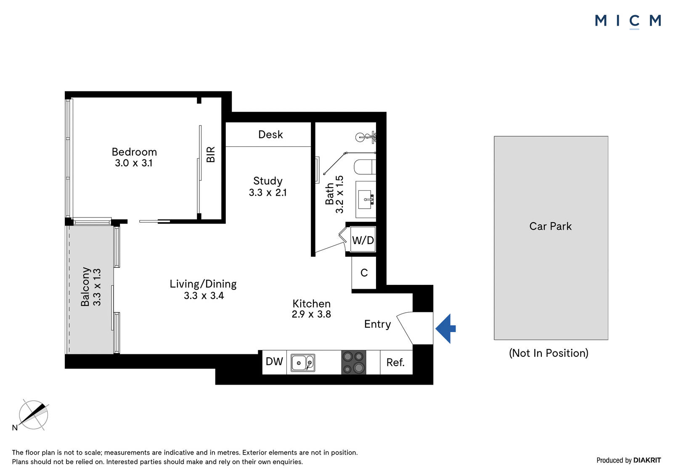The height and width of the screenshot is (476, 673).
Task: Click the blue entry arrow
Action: tap(446, 329)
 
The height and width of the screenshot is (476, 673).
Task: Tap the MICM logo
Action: tap(628, 21)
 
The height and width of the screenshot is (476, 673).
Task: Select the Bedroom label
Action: tap(134, 152)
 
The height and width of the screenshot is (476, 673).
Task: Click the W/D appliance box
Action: tap(363, 239)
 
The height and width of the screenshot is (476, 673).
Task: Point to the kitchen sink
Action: tap(303, 363)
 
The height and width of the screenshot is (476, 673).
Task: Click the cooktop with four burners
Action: tap(354, 362)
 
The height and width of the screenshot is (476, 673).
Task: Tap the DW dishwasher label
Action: tap(274, 362)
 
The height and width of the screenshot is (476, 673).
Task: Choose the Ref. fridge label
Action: tap(395, 363)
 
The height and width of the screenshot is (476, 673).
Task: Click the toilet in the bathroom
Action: tap(365, 167)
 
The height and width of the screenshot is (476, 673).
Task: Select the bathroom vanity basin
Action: tap(366, 199)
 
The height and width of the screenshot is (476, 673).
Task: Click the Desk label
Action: tap(270, 134)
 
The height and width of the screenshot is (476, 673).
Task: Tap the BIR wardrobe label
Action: tap(211, 154)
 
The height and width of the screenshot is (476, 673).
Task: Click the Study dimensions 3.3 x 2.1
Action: tap(268, 192)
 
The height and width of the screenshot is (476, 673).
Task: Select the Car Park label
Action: tap(551, 226)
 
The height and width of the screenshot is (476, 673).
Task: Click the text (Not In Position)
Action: tap(548, 353)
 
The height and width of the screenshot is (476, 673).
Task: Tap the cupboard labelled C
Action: tap(364, 273)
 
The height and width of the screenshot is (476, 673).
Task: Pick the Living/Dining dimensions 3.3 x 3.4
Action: tap(204, 296)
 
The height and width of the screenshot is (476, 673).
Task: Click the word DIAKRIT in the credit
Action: tap(647, 460)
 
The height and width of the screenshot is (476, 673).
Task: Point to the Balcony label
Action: tap(85, 287)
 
